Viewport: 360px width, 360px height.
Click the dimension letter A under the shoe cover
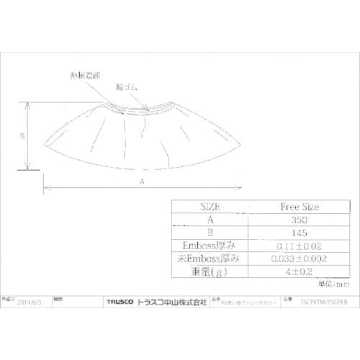pos(143,183)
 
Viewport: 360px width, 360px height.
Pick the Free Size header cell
pos(299,207)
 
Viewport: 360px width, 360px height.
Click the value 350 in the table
pos(299,220)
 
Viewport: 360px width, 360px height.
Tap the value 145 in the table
pos(299,233)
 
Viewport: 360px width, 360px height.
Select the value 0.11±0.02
pos(299,246)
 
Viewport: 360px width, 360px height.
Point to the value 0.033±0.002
pos(299,258)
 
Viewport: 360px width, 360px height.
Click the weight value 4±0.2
pos(299,271)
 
